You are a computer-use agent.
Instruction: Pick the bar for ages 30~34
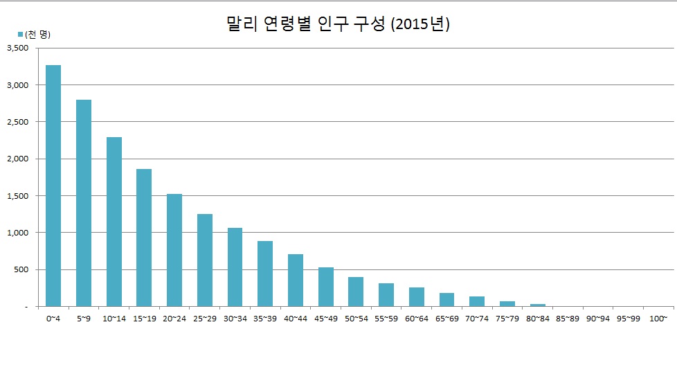click(x=235, y=267)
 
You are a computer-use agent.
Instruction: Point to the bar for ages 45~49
click(x=326, y=287)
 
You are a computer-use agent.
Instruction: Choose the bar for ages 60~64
click(x=417, y=296)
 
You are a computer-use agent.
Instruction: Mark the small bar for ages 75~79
click(x=507, y=303)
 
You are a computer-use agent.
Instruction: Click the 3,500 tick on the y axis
click(x=17, y=48)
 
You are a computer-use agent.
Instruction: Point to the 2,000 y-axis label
click(x=17, y=159)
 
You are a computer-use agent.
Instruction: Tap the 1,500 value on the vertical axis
click(x=17, y=196)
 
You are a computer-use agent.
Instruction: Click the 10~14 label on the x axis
click(x=114, y=318)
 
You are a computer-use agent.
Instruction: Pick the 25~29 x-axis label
click(x=205, y=318)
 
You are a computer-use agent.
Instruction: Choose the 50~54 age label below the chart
click(x=356, y=318)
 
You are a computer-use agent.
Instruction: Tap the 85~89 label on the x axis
click(x=568, y=318)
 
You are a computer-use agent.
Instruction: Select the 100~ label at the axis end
click(x=658, y=318)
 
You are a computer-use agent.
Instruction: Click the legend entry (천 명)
click(x=34, y=34)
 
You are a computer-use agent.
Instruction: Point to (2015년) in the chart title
click(x=420, y=24)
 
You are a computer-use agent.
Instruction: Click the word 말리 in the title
click(x=242, y=24)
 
